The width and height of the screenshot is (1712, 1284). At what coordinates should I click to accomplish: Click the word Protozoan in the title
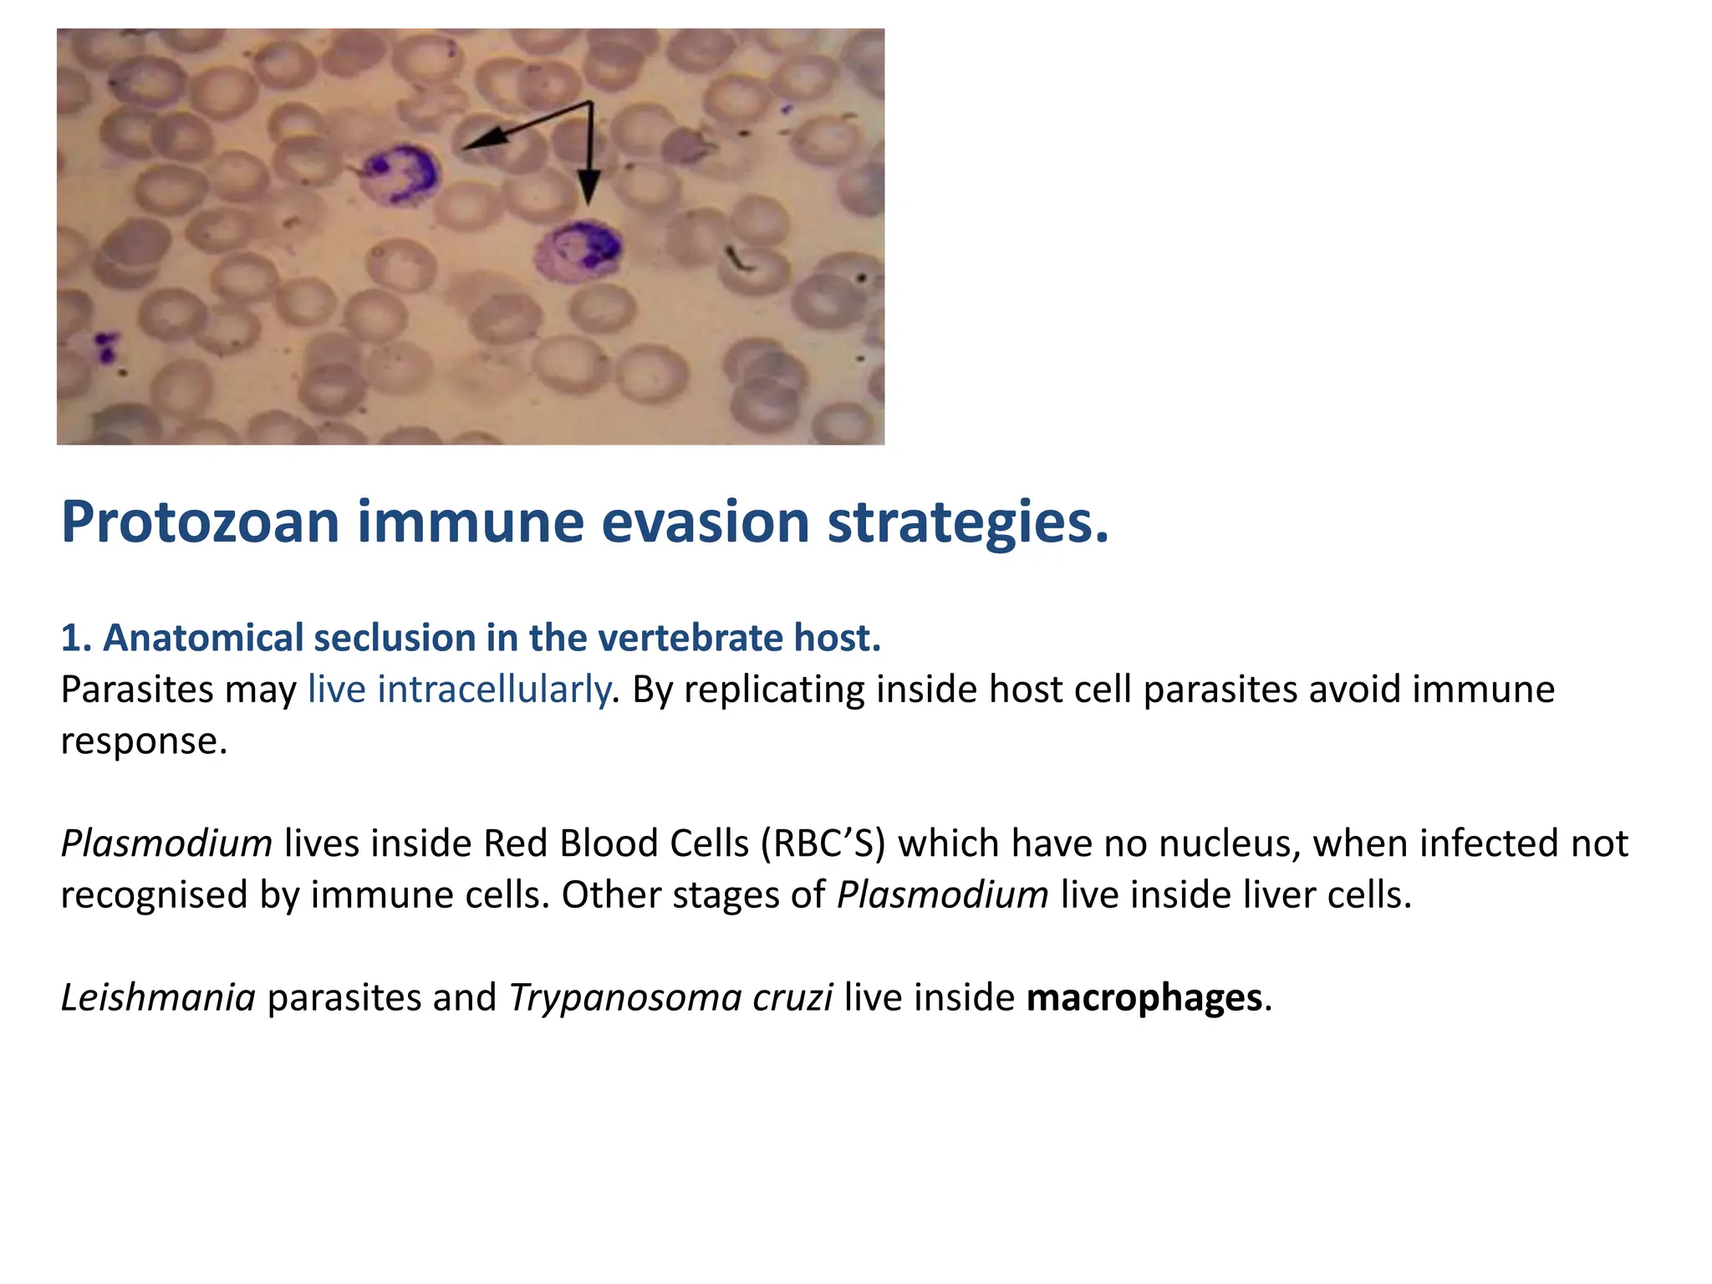pos(200,523)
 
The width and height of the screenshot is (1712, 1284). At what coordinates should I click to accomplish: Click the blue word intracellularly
pos(458,690)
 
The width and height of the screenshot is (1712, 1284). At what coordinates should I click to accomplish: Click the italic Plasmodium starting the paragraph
pos(166,844)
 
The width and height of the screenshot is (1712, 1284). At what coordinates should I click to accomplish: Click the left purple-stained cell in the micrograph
pos(400,175)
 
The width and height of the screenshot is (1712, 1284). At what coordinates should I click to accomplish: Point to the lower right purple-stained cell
pos(578,250)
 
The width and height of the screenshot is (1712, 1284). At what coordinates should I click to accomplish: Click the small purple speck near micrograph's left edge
pos(105,346)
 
